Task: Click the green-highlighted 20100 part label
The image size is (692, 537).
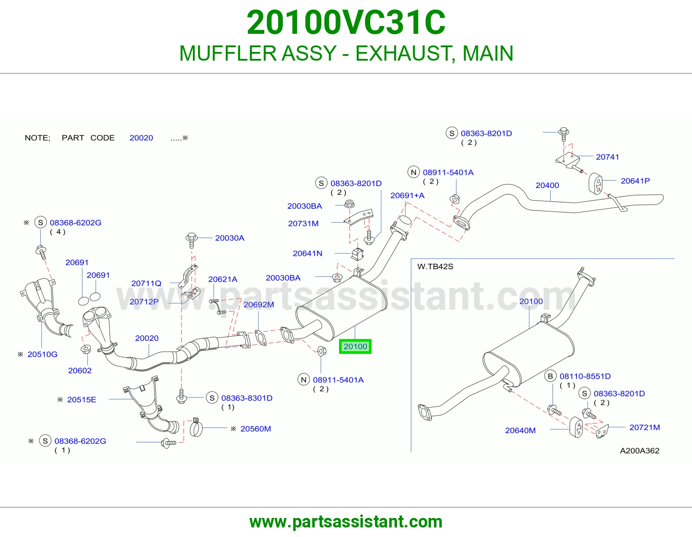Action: point(355,346)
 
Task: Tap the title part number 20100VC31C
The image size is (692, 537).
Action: point(346,23)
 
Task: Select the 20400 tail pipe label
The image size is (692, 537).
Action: point(547,185)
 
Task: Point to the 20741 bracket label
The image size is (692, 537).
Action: point(607,157)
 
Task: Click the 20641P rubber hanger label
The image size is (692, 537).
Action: point(635,181)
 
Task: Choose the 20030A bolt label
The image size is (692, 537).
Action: point(230,238)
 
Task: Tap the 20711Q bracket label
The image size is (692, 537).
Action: point(146,283)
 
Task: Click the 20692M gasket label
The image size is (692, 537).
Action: point(259,304)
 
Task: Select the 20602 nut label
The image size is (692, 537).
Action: point(80,371)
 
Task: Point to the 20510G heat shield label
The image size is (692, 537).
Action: point(42,354)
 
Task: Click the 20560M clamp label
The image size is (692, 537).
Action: point(256,429)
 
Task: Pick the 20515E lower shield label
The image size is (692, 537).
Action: point(81,400)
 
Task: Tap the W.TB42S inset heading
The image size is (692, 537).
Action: point(435,267)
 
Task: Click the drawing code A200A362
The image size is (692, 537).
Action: point(640,450)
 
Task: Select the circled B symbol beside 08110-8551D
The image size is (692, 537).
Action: point(550,376)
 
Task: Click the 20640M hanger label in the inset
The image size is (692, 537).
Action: point(520,430)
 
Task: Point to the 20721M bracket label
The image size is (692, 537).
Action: point(644,427)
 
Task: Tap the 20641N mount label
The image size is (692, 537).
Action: point(308,253)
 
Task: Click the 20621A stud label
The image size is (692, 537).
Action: point(223,279)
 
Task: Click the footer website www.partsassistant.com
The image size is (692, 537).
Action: point(346,522)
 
